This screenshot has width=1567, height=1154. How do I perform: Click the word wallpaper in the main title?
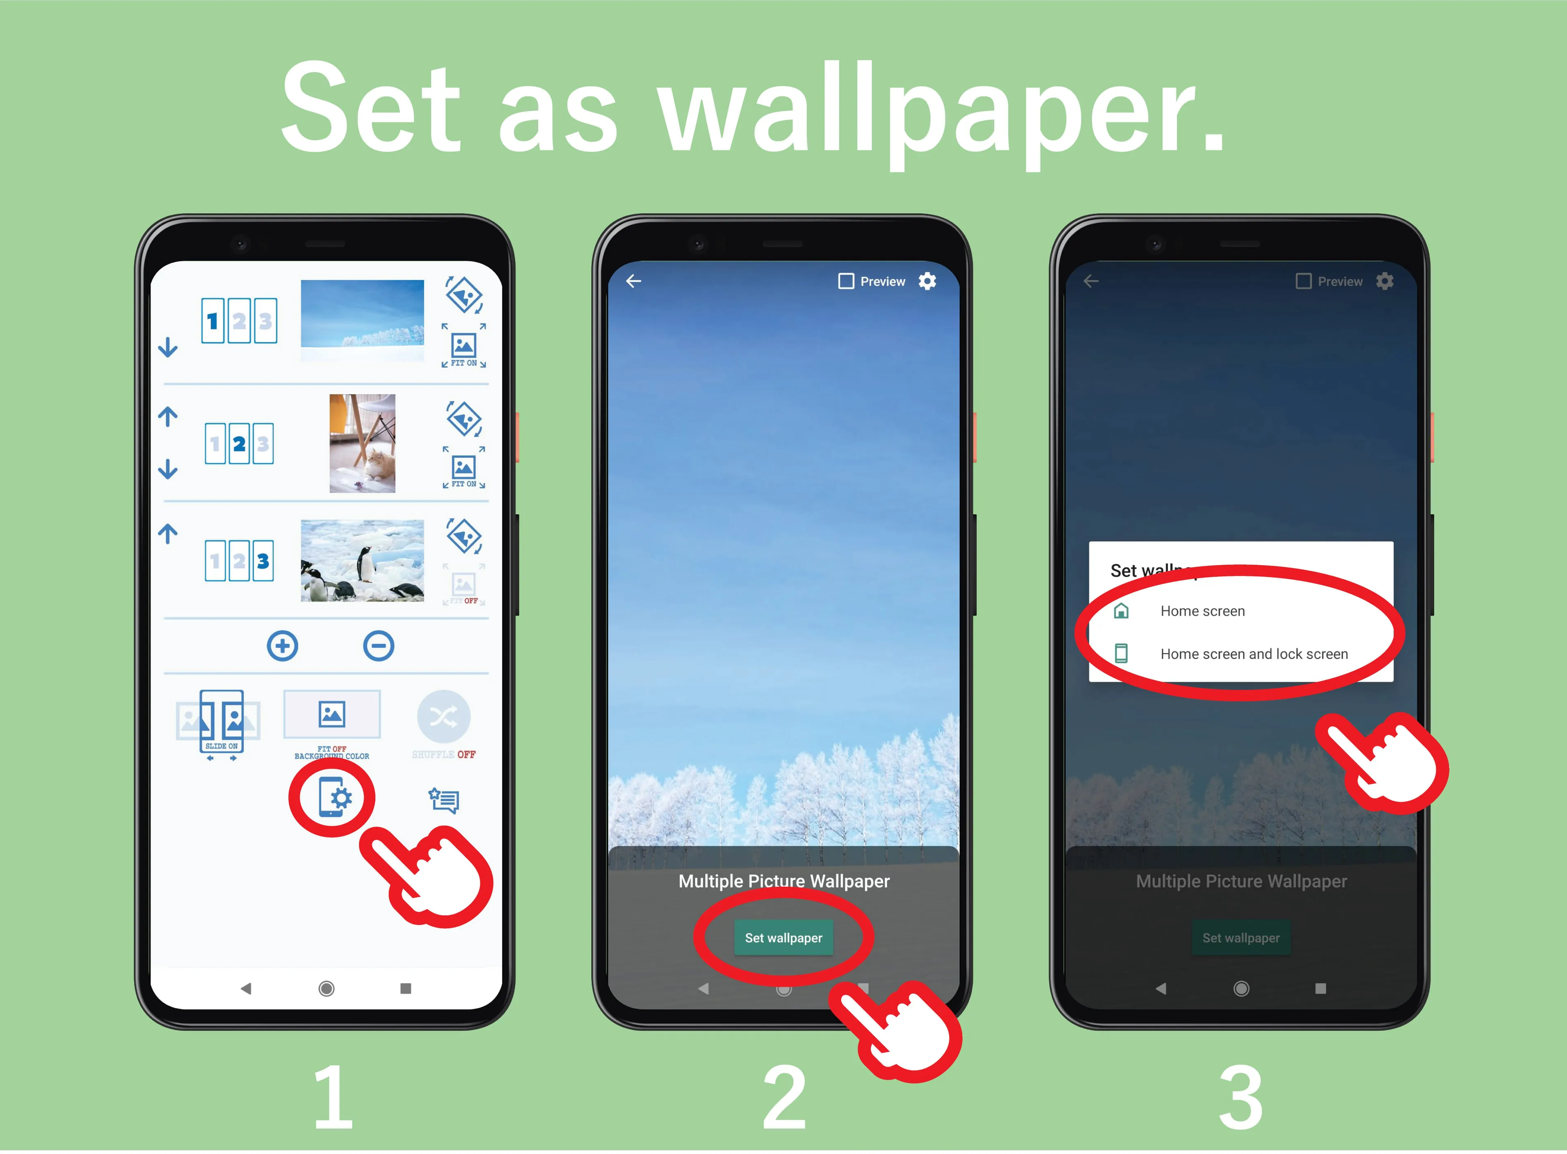coord(940,112)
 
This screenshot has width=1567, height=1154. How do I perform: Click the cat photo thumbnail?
coord(362,444)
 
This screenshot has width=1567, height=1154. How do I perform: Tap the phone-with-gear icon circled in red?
coord(333,797)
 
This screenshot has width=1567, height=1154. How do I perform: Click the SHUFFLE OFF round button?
coord(443,717)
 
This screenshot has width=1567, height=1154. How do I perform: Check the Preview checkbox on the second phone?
coord(846,281)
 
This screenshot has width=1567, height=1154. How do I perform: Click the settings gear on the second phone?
coord(927,281)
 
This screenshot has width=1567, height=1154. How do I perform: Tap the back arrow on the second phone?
coord(634,281)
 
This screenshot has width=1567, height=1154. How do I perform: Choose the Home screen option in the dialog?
coord(1202,611)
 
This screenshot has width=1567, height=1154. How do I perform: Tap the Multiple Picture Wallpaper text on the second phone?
coord(784,882)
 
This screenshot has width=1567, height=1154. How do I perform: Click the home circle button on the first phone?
coord(326,988)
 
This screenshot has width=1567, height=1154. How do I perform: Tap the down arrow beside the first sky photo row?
coord(168,347)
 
